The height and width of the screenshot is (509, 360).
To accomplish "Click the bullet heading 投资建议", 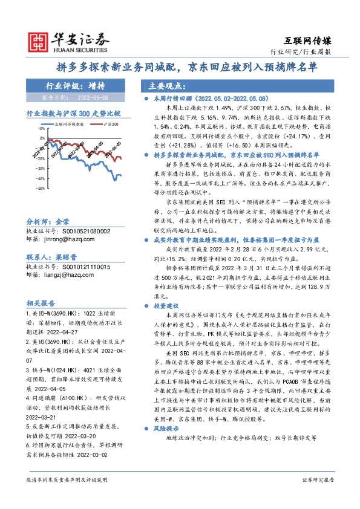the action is tap(166, 306).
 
